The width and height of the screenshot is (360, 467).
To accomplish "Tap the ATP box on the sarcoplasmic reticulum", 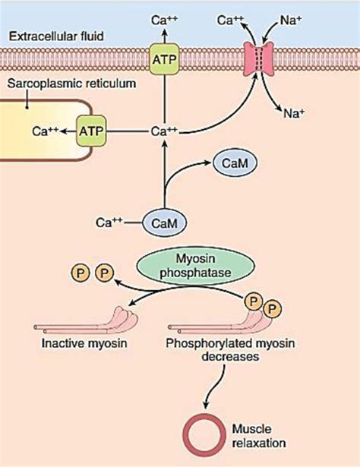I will click(92, 130).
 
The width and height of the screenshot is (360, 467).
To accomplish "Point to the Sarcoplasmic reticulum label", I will click(62, 82).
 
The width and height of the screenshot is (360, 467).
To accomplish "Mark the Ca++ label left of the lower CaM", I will click(109, 222).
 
